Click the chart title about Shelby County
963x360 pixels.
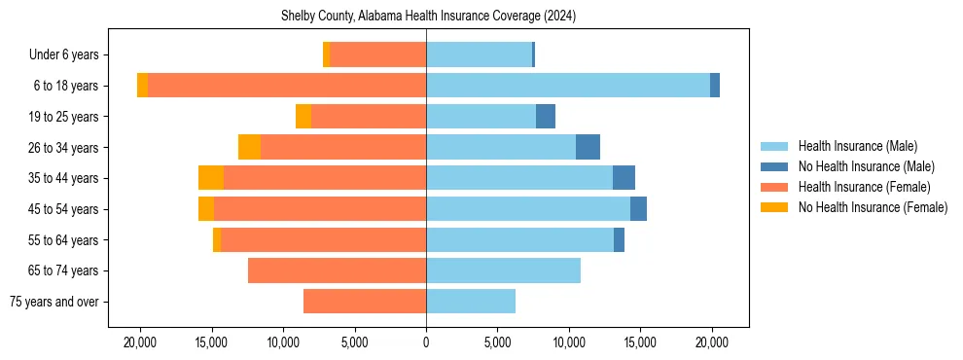[428, 16]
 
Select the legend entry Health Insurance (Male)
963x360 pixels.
[857, 146]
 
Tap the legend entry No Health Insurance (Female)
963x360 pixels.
[873, 207]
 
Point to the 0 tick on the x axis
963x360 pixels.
[426, 342]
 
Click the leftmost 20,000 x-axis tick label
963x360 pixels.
[140, 342]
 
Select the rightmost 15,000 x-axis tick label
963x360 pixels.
[640, 342]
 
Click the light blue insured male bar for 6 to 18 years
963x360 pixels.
[568, 86]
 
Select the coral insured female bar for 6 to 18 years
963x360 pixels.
[287, 86]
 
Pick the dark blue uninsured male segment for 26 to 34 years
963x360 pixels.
[588, 147]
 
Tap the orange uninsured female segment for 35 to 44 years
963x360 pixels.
[211, 178]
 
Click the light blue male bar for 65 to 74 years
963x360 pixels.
[503, 270]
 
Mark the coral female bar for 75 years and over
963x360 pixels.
[365, 302]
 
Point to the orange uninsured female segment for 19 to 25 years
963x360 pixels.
[303, 117]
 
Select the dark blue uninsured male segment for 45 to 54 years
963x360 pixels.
[638, 209]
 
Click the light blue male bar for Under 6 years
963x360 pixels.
[479, 55]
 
